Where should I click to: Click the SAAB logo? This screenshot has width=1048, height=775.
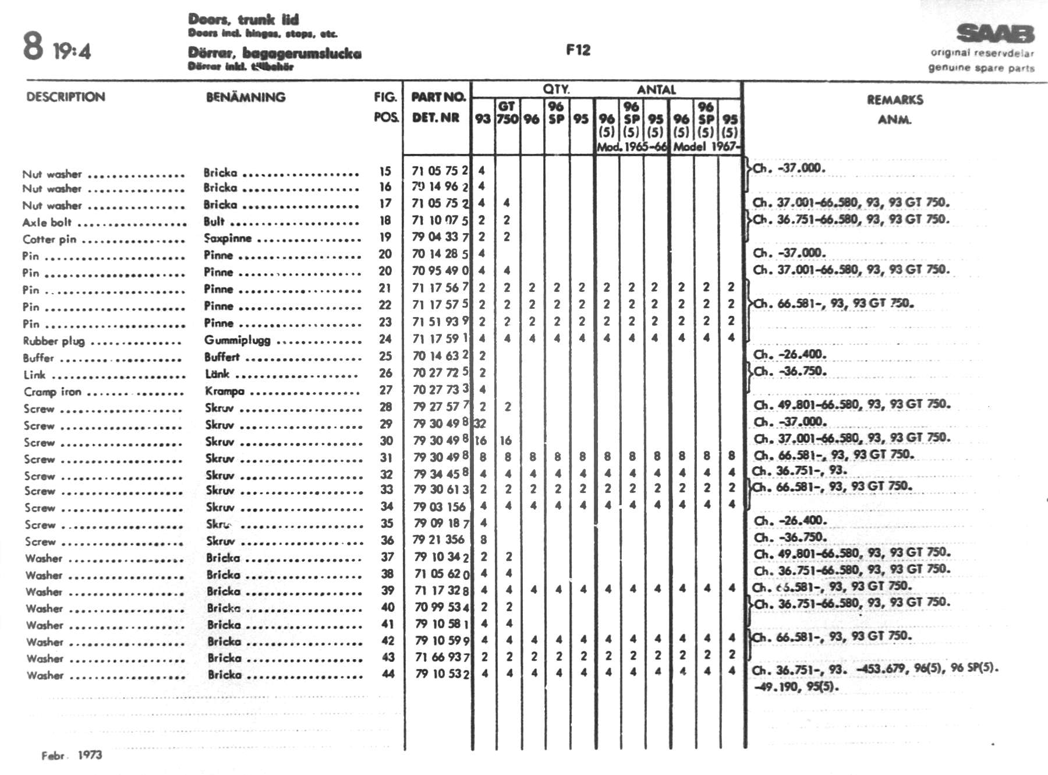pos(995,34)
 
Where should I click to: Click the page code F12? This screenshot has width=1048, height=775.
pos(578,50)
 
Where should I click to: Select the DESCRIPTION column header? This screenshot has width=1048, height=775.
pos(66,97)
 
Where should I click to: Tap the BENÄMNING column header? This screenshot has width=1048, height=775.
pos(246,97)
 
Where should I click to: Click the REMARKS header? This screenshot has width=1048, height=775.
pos(895,100)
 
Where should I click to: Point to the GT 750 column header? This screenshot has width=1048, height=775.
pos(507,112)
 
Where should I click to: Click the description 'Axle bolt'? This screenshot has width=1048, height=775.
pos(47,222)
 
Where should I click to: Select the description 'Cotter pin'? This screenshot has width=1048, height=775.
pos(49,239)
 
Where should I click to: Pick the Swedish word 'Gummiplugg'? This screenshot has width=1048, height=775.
pos(237,340)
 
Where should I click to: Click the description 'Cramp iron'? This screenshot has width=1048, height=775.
pos(52,392)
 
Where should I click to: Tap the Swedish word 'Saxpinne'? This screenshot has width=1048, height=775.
pos(228,238)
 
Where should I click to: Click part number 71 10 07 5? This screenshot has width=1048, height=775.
pos(440,220)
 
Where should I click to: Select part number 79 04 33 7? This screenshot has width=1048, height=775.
pos(440,237)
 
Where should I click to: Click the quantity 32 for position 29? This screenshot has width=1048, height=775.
pos(480,424)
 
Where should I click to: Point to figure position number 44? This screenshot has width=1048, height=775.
pos(388,674)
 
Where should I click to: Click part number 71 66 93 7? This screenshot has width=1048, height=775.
pos(442,657)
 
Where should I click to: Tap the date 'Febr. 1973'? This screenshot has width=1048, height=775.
pos(72,755)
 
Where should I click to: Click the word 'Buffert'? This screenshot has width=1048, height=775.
pos(222,357)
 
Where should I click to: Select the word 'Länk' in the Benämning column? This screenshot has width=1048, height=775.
pos(217,374)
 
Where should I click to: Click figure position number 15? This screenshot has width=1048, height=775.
pos(385,171)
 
